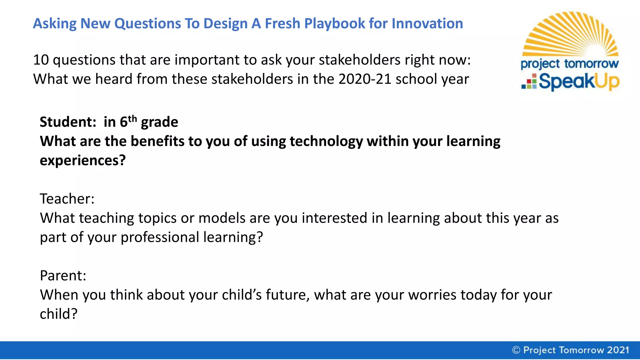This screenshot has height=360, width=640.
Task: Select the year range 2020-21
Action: point(364,79)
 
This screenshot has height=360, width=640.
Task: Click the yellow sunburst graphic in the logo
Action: point(570,34)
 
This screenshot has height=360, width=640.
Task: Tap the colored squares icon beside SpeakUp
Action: point(529,82)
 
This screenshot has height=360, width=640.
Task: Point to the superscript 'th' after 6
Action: point(132,118)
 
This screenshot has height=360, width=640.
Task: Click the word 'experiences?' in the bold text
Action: point(82,161)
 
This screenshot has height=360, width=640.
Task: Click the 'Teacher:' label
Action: point(67,199)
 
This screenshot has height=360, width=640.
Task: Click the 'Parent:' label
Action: point(63,276)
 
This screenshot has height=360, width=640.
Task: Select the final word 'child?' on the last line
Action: point(58,314)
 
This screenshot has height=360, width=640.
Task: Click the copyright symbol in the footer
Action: point(516,350)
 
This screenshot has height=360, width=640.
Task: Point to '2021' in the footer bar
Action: point(618,350)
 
